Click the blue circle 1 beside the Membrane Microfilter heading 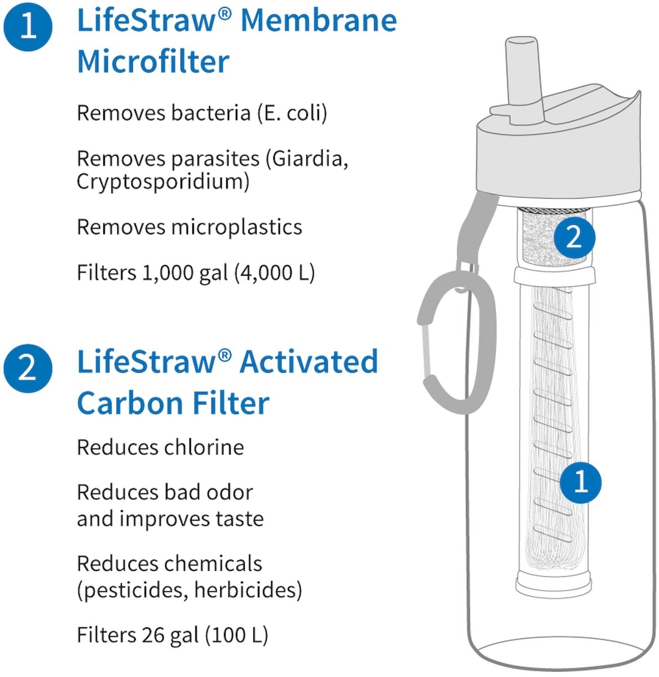point(28,27)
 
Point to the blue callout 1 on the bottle point(581,483)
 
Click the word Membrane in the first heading point(319,21)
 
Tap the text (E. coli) point(292,113)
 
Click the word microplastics point(236,227)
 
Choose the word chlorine point(203,447)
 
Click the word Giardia point(310,159)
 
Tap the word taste point(240,519)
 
